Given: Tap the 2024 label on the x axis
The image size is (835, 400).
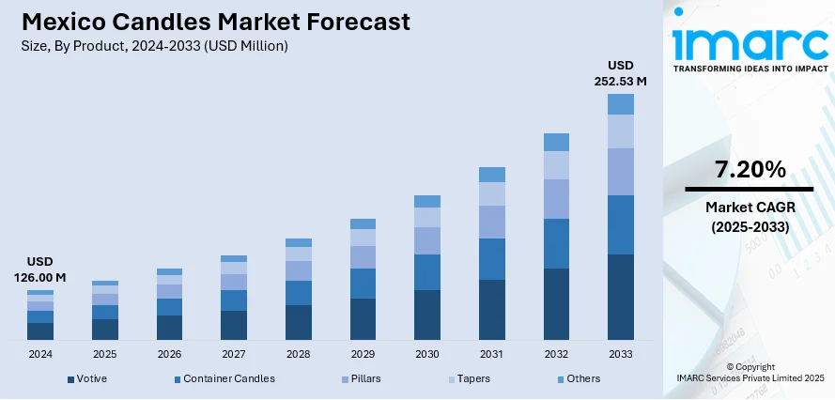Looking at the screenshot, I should click(x=40, y=354).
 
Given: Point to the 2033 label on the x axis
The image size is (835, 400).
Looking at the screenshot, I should click(x=620, y=354).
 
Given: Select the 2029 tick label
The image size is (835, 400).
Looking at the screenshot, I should click(x=363, y=354).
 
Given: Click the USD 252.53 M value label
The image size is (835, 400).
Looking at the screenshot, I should click(x=621, y=73).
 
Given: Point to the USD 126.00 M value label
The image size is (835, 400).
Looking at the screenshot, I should click(x=39, y=269).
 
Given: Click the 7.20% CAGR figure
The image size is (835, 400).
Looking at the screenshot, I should click(x=749, y=170).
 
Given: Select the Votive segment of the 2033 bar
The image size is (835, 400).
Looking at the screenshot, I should click(x=620, y=297).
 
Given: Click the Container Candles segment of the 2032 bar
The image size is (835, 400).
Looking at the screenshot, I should click(x=556, y=243).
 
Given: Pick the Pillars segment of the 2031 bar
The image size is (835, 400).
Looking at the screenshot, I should click(x=492, y=222).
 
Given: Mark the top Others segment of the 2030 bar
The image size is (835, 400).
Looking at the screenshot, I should click(x=427, y=201).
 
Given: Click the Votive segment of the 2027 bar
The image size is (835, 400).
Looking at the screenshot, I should click(x=234, y=325).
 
